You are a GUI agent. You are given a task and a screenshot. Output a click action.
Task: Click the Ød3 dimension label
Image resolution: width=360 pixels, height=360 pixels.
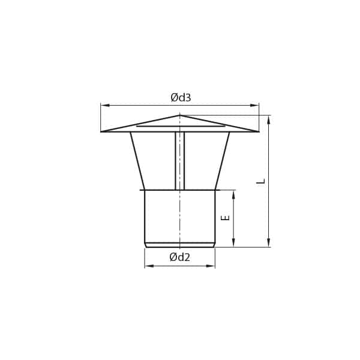pos(181,97)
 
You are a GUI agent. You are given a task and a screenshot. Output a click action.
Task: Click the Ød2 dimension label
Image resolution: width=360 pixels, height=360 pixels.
pos(180,257)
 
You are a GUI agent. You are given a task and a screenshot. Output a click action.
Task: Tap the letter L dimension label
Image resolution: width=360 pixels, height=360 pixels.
pos(261,181)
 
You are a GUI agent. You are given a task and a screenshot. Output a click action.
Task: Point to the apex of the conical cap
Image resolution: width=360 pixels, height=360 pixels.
pos(180,115)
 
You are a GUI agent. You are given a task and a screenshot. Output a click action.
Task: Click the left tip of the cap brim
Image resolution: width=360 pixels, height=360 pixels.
pos(101,131)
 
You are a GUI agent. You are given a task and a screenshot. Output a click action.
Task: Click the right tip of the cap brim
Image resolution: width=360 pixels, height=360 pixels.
pos(258,131)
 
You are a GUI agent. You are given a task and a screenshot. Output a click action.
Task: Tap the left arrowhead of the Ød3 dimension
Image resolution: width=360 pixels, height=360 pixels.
pos(105,106)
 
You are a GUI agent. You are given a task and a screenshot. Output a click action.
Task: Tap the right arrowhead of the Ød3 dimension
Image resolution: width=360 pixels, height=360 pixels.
pos(254,106)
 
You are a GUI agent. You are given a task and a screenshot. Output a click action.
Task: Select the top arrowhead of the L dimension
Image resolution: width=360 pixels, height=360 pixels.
pos(269,119)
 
